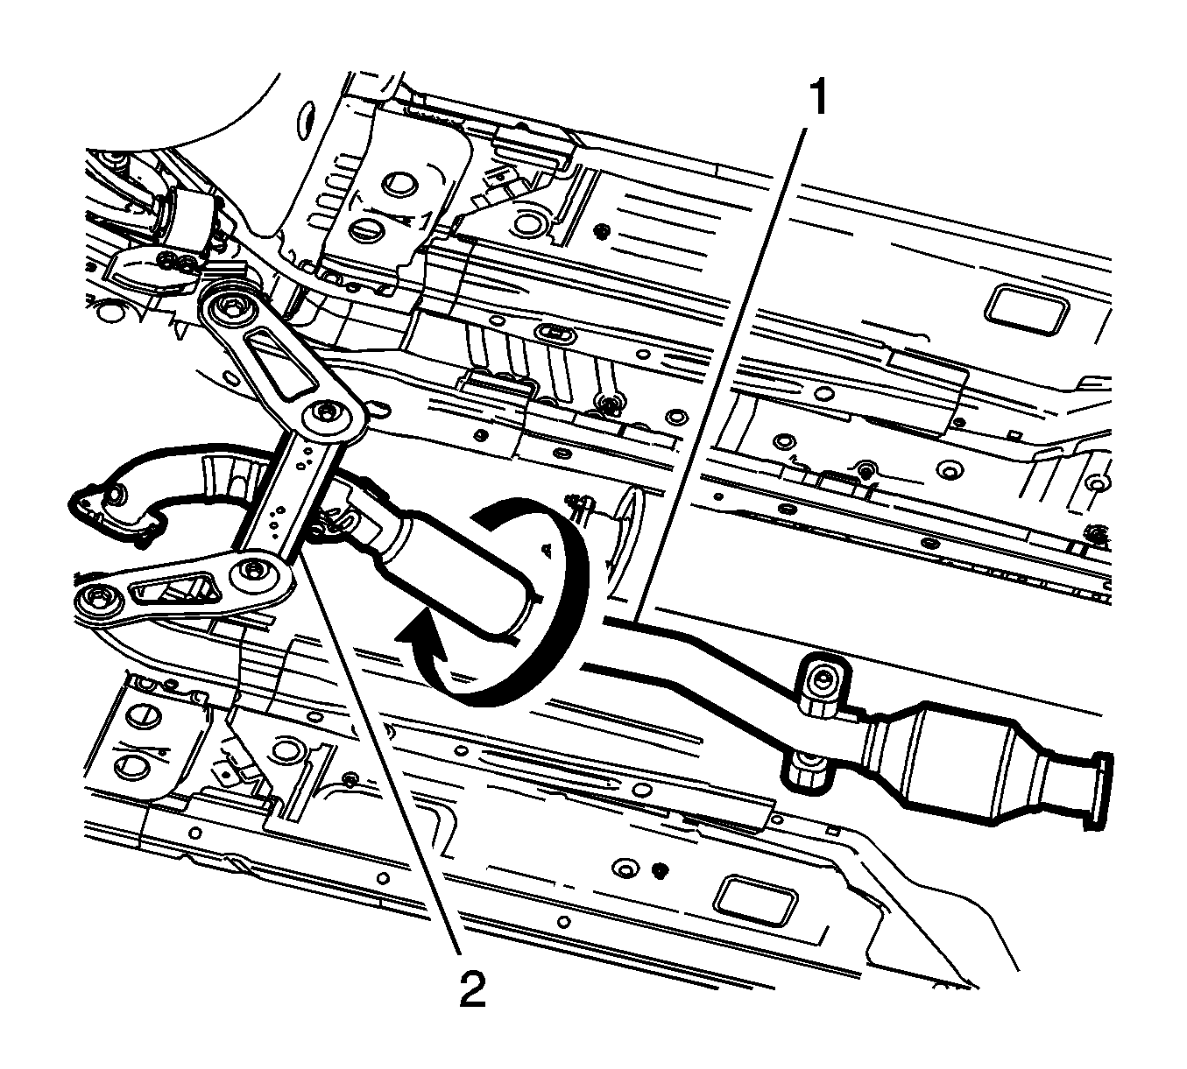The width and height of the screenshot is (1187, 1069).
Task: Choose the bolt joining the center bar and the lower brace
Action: (x=252, y=570)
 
